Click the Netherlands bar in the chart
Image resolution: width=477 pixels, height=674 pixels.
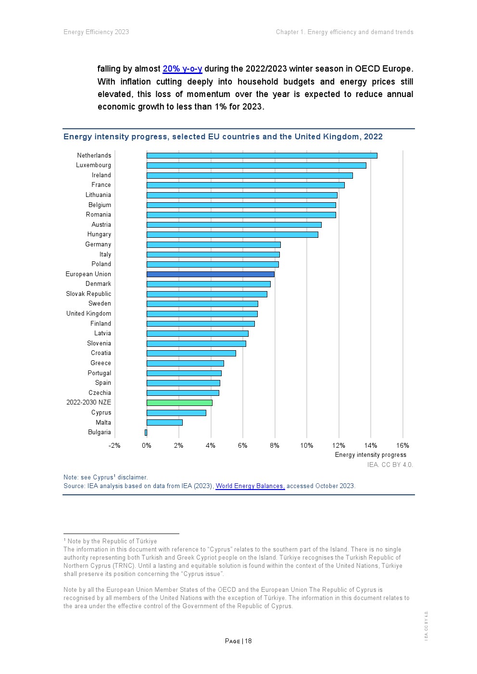pyautogui.click(x=262, y=156)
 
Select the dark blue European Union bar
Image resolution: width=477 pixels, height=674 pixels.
pyautogui.click(x=210, y=274)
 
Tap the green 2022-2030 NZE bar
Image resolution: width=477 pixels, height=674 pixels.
pyautogui.click(x=179, y=403)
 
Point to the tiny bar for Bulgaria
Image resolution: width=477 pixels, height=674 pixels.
pyautogui.click(x=146, y=432)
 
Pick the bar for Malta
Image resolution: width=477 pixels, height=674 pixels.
pyautogui.click(x=164, y=423)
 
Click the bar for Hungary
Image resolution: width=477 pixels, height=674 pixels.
pyautogui.click(x=232, y=234)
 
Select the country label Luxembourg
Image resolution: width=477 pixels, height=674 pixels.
pyautogui.click(x=93, y=165)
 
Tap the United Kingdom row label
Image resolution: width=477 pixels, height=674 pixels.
pyautogui.click(x=88, y=314)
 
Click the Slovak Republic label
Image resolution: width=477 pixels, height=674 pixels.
pyautogui.click(x=88, y=294)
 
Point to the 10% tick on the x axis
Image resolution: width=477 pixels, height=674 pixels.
pyautogui.click(x=307, y=445)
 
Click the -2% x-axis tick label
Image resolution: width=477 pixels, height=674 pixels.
pyautogui.click(x=114, y=445)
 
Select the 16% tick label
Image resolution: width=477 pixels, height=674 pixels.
pyautogui.click(x=402, y=445)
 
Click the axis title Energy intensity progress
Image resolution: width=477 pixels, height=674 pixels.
pyautogui.click(x=370, y=455)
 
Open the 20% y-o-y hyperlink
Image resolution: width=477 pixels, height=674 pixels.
pyautogui.click(x=182, y=69)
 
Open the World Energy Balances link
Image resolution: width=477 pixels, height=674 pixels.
pyautogui.click(x=250, y=486)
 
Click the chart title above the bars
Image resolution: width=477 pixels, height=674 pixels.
pyautogui.click(x=223, y=137)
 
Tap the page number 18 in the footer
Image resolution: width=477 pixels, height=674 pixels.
pyautogui.click(x=248, y=641)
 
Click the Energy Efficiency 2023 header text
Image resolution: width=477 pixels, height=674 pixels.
pyautogui.click(x=96, y=32)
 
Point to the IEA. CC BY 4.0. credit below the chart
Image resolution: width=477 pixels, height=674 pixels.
pyautogui.click(x=390, y=465)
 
